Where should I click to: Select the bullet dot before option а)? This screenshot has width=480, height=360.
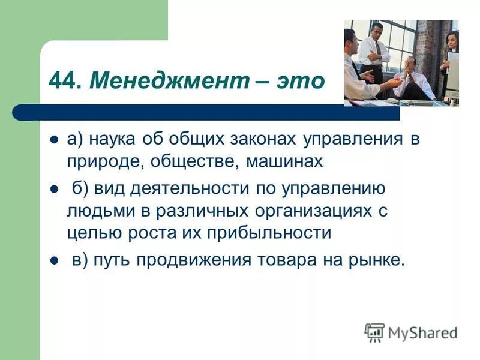(53, 139)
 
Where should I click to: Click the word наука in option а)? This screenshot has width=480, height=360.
(113, 139)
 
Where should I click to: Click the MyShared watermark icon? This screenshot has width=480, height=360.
(374, 332)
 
